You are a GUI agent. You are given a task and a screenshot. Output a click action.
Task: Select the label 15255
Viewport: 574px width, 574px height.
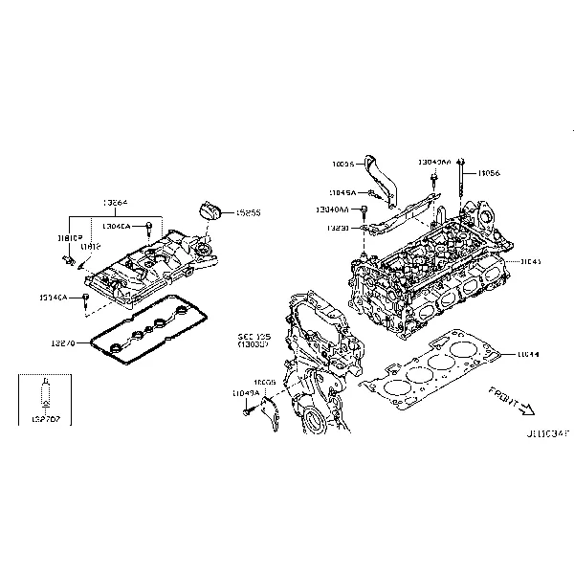tap(248, 212)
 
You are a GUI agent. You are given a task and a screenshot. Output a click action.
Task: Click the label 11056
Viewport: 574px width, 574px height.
tap(489, 173)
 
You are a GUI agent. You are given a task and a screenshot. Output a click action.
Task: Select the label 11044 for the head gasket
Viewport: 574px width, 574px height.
tap(527, 354)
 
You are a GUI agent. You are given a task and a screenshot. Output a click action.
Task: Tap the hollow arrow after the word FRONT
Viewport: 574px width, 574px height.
tap(527, 409)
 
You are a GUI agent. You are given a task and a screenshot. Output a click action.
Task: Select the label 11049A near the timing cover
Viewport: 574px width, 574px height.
tap(245, 392)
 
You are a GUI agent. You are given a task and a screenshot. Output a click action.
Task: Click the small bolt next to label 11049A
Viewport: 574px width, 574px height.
tap(251, 410)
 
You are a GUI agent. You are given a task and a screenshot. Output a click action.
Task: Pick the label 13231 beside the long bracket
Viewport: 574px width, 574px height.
tap(337, 229)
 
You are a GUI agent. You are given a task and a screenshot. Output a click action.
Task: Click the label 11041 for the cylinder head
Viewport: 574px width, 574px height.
tap(530, 260)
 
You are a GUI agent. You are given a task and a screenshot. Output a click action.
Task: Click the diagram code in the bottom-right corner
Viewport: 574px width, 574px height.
tap(544, 433)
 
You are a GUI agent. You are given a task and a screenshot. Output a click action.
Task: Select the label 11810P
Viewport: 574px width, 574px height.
tap(69, 235)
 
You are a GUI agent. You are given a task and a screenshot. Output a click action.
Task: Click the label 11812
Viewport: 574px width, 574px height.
tap(91, 247)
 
